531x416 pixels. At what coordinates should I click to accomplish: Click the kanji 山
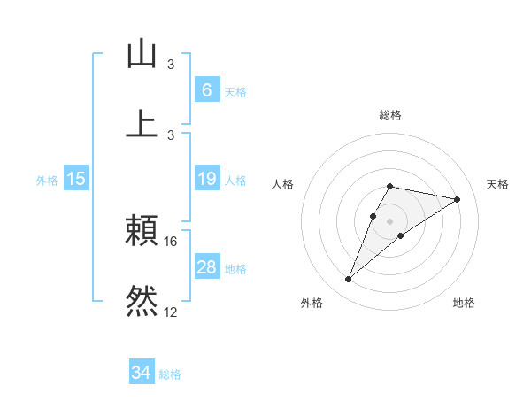point(142,54)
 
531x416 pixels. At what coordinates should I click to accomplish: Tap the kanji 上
point(142,122)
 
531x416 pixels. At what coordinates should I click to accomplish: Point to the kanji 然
point(142,300)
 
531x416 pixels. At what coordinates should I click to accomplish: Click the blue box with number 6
point(206,89)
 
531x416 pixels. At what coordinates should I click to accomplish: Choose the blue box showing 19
point(206,179)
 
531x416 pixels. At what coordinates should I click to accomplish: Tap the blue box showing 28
point(206,267)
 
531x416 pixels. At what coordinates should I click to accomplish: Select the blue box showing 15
point(76,179)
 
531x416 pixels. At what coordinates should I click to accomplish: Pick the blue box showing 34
point(142,373)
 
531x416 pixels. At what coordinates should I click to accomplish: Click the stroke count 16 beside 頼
point(172,241)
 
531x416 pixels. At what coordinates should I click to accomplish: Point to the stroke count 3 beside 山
point(171,65)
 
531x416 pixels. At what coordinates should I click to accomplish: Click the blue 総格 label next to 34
point(170,374)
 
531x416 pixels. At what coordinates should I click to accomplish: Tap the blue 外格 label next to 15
point(47,181)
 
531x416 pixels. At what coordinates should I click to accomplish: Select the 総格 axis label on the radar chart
point(389,115)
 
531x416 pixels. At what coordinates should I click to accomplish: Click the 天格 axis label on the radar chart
point(497,184)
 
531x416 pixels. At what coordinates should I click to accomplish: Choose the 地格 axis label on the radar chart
point(464,304)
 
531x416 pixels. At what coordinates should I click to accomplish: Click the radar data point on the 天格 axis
point(457,199)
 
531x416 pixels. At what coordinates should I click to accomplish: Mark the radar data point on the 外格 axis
point(348,280)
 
